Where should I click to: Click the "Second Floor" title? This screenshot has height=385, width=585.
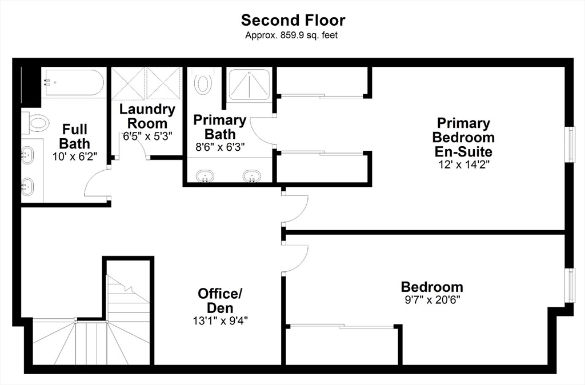point(293,20)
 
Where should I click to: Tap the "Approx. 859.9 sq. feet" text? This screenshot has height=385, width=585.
point(291,35)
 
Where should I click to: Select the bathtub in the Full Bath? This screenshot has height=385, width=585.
point(73,82)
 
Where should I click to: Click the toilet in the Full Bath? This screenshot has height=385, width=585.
point(35,122)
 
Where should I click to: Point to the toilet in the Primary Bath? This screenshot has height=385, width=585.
point(203,81)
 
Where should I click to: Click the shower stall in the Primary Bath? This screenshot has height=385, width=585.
point(249,85)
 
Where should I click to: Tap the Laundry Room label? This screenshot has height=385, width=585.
point(147,116)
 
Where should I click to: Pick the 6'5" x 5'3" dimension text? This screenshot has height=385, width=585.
point(148,136)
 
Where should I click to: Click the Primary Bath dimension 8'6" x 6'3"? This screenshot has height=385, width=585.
point(220,147)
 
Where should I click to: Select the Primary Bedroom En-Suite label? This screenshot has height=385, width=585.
point(463,137)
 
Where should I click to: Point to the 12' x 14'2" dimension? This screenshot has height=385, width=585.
point(464,165)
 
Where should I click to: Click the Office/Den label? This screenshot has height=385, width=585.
point(220,300)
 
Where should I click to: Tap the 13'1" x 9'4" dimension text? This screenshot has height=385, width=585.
point(220,320)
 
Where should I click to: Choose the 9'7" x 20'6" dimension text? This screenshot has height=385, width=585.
point(432,299)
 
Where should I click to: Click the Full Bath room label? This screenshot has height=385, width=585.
point(75,136)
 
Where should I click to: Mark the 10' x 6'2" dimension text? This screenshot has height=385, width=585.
point(75,157)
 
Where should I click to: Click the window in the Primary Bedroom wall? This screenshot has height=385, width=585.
point(571,145)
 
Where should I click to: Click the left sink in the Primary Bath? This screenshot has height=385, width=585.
point(205,176)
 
